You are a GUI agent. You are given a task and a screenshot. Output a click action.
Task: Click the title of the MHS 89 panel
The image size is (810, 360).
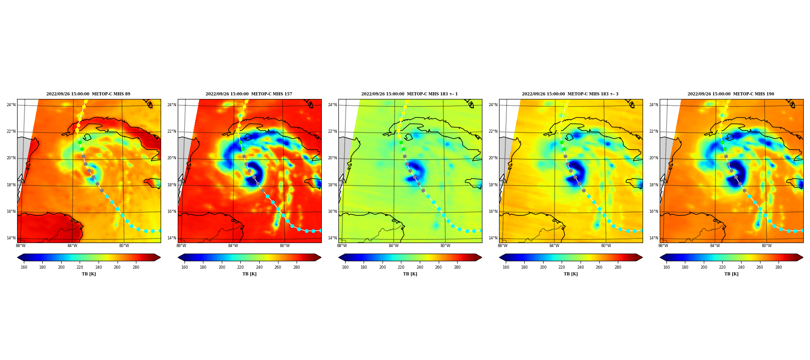pyautogui.click(x=88, y=94)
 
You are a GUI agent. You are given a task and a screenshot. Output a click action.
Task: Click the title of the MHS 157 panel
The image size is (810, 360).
pyautogui.click(x=249, y=94)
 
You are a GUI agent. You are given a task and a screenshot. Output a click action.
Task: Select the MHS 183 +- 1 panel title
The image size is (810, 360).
pyautogui.click(x=409, y=94)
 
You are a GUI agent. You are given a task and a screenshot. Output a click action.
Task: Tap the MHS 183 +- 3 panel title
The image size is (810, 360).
pyautogui.click(x=570, y=94)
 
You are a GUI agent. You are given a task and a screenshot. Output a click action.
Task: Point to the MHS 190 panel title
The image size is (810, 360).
pyautogui.click(x=731, y=94)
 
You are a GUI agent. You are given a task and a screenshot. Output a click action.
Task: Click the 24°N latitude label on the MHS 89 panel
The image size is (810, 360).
pyautogui.click(x=11, y=105)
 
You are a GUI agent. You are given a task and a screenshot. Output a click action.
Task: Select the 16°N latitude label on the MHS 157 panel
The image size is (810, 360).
pyautogui.click(x=172, y=211)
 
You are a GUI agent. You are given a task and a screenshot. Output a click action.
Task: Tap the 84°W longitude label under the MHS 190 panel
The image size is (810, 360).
pyautogui.click(x=715, y=246)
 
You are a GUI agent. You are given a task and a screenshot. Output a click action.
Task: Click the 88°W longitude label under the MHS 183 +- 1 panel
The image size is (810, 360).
pyautogui.click(x=342, y=246)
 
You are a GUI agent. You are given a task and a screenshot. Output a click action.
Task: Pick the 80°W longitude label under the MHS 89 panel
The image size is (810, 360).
pyautogui.click(x=124, y=246)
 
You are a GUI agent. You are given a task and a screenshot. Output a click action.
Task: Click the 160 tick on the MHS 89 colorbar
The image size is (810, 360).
pyautogui.click(x=24, y=267)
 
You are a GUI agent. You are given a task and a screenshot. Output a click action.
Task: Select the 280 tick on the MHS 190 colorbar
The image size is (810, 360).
pyautogui.click(x=778, y=267)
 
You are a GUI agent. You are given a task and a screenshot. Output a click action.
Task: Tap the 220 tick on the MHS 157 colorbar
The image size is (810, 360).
pyautogui.click(x=240, y=267)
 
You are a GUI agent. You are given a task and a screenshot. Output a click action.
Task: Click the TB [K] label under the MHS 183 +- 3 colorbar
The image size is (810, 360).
pyautogui.click(x=571, y=274)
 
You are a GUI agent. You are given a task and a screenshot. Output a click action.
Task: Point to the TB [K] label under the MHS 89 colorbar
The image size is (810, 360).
pyautogui.click(x=89, y=274)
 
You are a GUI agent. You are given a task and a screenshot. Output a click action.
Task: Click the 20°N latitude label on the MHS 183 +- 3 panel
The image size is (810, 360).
pyautogui.click(x=493, y=158)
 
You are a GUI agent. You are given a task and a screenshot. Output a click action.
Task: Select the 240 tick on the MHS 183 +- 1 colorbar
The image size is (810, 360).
pyautogui.click(x=420, y=267)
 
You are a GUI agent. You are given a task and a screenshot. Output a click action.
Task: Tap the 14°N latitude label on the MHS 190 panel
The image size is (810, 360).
pyautogui.click(x=654, y=238)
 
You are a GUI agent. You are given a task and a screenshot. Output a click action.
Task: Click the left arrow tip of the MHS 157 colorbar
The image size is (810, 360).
pyautogui.click(x=178, y=257)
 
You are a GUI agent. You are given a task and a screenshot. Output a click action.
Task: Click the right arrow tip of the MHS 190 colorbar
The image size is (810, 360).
pyautogui.click(x=803, y=257)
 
